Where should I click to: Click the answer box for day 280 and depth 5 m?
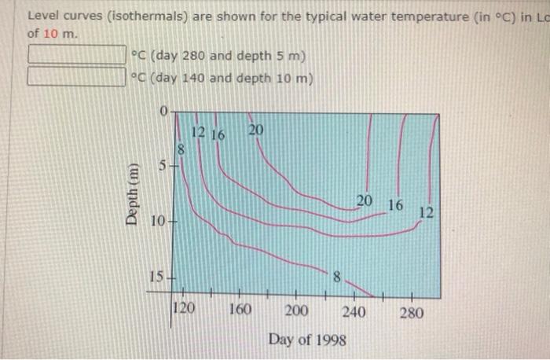coord(77,55)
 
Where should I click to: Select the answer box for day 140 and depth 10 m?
coord(77,76)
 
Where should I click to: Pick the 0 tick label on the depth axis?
coord(163,112)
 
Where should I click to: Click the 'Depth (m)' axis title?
coord(134,195)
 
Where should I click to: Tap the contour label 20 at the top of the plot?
coord(256,130)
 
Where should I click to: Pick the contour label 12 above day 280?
coord(426,212)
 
